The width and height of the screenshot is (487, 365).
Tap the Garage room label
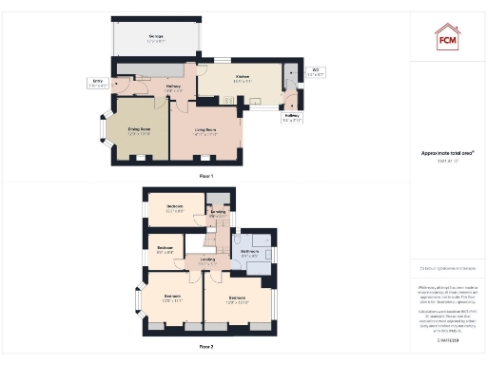coord(155,38)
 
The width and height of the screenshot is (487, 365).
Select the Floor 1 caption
coord(206,176)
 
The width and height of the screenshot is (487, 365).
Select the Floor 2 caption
coord(206,347)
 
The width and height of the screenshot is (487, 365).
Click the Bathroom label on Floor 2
coord(250,254)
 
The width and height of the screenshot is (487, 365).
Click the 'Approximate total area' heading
coord(447,153)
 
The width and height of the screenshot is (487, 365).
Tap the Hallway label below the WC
coord(292,118)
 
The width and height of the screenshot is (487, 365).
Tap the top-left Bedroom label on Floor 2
coord(175,208)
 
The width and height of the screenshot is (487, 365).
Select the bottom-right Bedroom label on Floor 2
coord(238,300)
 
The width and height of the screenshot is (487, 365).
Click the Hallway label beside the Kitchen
coord(173,88)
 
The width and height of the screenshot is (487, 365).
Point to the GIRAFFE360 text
coord(447,313)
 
